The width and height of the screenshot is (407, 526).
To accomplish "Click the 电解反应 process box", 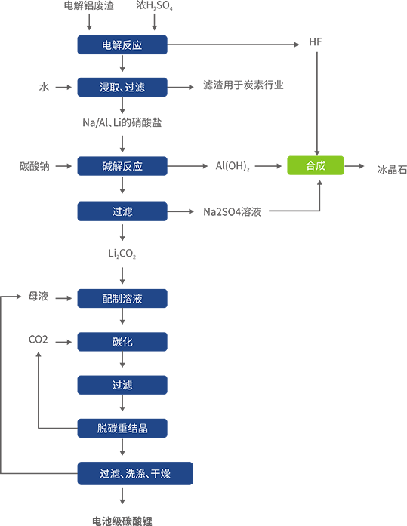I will [122, 45].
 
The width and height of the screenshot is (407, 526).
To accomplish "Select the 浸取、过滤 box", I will [122, 88].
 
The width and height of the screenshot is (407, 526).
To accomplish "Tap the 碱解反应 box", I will [122, 166].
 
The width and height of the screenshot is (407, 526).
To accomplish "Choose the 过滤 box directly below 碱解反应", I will [122, 212].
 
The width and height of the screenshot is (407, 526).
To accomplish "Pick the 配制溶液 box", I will [122, 299].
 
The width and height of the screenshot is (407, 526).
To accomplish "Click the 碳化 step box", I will [122, 342].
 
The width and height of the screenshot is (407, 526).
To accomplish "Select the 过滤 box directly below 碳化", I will [122, 385].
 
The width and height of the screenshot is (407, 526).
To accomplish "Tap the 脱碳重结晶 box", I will [122, 428].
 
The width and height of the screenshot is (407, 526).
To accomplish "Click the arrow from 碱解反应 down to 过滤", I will [122, 189].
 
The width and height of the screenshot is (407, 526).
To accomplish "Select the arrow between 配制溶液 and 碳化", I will [122, 321].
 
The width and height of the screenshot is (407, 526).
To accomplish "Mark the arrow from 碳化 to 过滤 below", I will [122, 364].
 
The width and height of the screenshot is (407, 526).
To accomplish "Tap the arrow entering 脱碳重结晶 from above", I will [122, 407].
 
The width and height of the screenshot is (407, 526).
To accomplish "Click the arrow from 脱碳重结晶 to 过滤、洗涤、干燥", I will [122, 451].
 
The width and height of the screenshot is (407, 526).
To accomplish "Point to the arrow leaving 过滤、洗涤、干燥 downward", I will [122, 499].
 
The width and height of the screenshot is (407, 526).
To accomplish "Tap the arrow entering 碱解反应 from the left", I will [63, 166].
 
